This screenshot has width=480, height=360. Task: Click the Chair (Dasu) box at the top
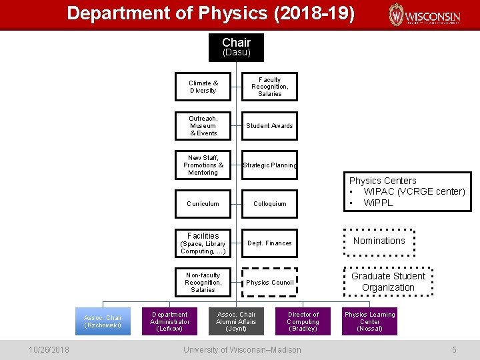pyautogui.click(x=236, y=47)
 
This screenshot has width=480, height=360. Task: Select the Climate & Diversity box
pyautogui.click(x=203, y=87)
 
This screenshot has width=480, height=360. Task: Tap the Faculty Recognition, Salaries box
pyautogui.click(x=269, y=87)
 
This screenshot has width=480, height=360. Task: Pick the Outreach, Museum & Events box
pyautogui.click(x=203, y=126)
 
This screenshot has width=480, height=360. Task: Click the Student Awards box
pyautogui.click(x=269, y=126)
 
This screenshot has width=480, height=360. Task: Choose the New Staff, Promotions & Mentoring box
pyautogui.click(x=203, y=165)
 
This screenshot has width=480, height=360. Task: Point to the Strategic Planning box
pyautogui.click(x=269, y=165)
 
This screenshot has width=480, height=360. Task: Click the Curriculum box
pyautogui.click(x=203, y=204)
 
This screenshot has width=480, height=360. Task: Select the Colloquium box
pyautogui.click(x=269, y=204)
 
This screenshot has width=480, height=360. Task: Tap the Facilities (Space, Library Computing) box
pyautogui.click(x=203, y=243)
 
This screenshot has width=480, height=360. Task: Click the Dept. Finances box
pyautogui.click(x=269, y=243)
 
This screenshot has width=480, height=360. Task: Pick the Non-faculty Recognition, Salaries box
pyautogui.click(x=203, y=283)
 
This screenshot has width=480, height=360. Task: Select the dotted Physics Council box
pyautogui.click(x=269, y=283)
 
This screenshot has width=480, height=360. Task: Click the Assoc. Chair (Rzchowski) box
pyautogui.click(x=103, y=321)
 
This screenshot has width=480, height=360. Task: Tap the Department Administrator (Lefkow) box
pyautogui.click(x=170, y=321)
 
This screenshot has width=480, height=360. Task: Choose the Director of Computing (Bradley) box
pyautogui.click(x=303, y=321)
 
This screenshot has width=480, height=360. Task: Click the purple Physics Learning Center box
pyautogui.click(x=369, y=321)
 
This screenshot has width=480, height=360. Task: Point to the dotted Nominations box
pyautogui.click(x=379, y=241)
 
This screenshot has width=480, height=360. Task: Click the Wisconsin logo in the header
pyautogui.click(x=425, y=15)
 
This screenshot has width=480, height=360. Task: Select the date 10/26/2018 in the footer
pyautogui.click(x=49, y=349)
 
